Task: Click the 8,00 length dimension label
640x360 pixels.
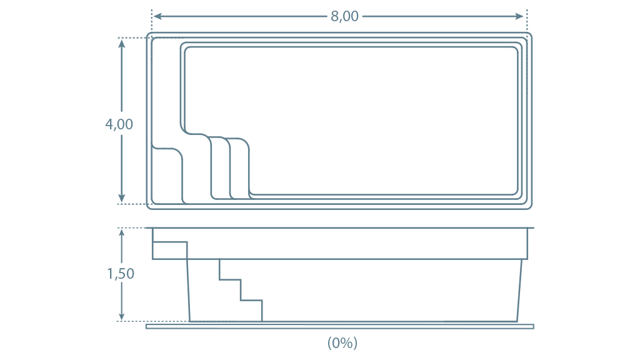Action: (x=344, y=16)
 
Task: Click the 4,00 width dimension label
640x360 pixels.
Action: (x=119, y=124)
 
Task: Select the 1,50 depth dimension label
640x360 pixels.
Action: (x=121, y=274)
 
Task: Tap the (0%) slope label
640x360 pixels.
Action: (x=342, y=342)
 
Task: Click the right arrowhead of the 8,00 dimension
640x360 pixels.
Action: (x=519, y=16)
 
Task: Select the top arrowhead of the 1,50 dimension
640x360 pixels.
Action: (x=122, y=234)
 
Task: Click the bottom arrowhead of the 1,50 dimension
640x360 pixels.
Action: (x=122, y=316)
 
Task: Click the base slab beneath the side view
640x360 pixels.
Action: (x=340, y=326)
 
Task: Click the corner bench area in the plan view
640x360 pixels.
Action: (x=167, y=176)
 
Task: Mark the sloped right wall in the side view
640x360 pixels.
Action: (x=519, y=290)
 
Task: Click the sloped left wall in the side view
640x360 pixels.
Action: (x=189, y=290)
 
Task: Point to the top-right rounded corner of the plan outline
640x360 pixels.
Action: (x=529, y=36)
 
